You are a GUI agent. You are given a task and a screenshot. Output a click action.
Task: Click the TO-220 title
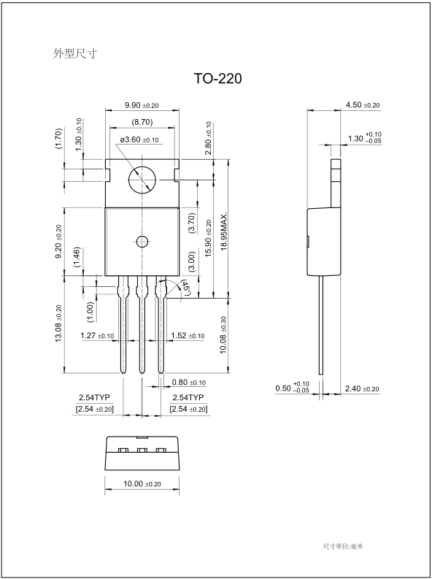[x=217, y=78]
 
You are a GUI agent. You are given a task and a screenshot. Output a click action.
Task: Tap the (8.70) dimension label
[x=142, y=121]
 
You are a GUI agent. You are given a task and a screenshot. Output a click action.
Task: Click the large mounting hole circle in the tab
[x=142, y=179]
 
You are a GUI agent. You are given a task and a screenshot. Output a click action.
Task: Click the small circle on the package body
[x=142, y=242]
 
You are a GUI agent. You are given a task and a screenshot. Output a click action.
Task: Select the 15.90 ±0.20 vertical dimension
[x=209, y=238]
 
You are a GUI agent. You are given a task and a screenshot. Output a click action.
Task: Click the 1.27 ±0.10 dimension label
[x=96, y=336]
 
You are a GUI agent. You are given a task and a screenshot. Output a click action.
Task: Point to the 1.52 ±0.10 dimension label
[x=188, y=336]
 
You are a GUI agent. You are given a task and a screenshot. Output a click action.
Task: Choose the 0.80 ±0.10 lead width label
[x=188, y=382]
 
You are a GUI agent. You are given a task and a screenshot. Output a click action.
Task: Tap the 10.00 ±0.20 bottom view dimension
[x=142, y=484]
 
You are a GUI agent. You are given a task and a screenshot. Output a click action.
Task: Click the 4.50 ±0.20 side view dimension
[x=362, y=105]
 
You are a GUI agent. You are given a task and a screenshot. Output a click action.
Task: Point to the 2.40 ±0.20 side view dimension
[x=362, y=388]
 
